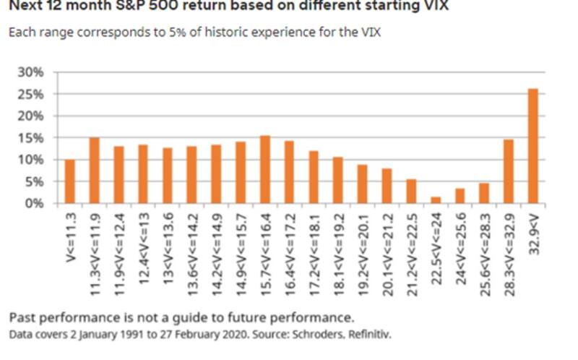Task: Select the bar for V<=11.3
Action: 70,181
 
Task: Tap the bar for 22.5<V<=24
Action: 435,200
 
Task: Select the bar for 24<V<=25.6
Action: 460,196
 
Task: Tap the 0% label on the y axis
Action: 36,203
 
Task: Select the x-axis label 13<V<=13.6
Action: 168,239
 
